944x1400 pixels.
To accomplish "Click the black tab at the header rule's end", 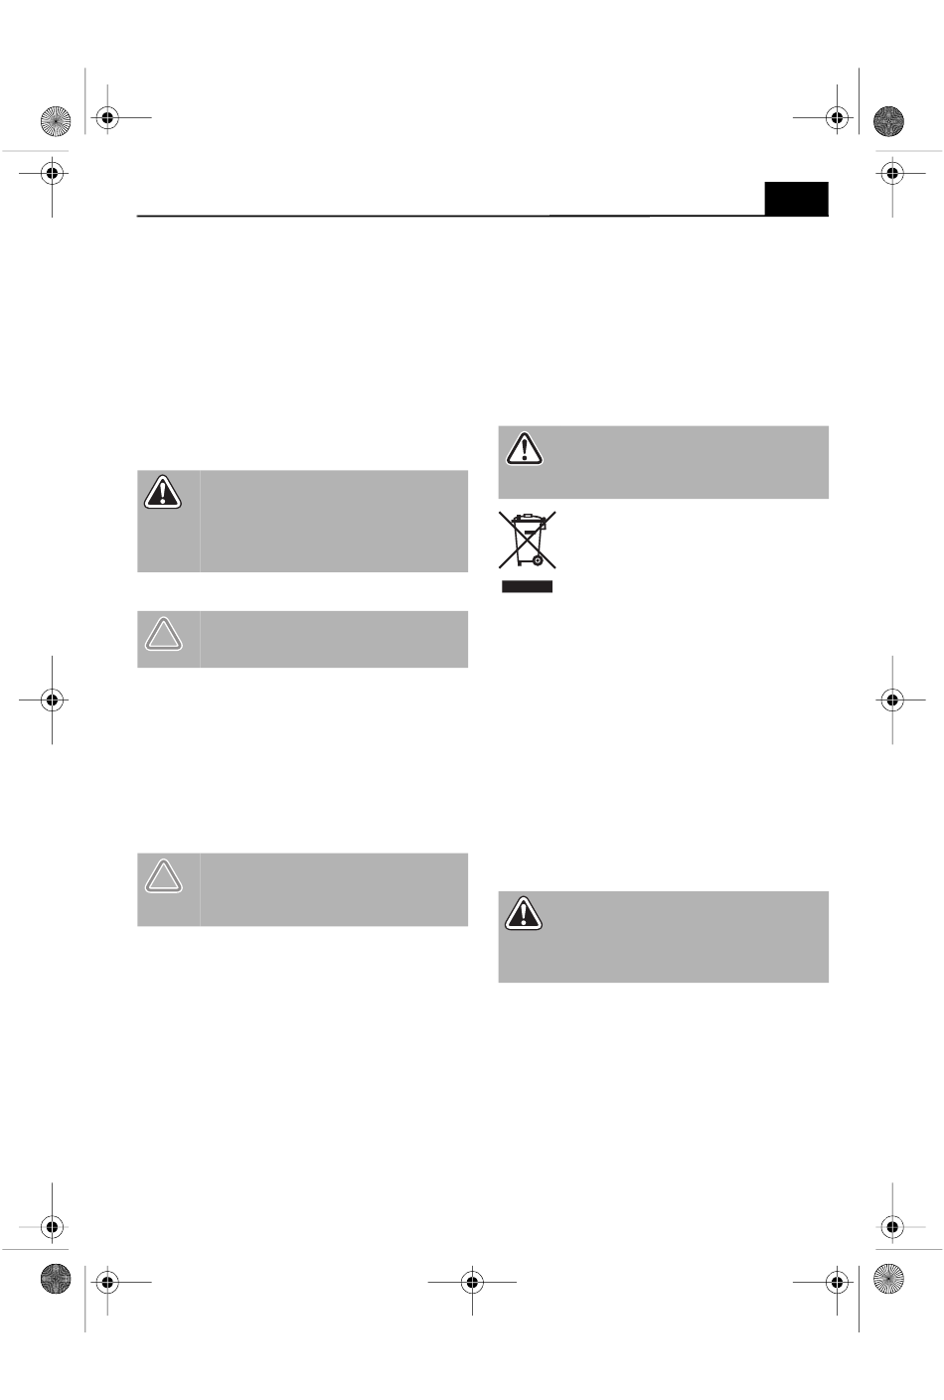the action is click(796, 199).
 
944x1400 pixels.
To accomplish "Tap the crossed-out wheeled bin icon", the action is click(527, 540).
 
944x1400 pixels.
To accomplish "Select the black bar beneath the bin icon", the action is click(527, 587).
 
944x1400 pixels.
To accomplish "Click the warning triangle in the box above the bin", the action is click(525, 449).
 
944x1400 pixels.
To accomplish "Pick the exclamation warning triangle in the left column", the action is click(163, 492).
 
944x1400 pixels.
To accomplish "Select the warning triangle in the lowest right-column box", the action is click(525, 913).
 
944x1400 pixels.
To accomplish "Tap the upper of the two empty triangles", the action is click(164, 634).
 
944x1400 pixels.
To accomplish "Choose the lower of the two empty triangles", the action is click(164, 875).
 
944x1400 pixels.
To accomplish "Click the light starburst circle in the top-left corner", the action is click(56, 120).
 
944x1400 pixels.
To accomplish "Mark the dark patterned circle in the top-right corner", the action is click(888, 120).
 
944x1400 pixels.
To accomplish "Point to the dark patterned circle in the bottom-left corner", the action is click(56, 1279).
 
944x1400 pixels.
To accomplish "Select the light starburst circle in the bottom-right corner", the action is click(888, 1279).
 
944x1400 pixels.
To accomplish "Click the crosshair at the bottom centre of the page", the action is click(472, 1282).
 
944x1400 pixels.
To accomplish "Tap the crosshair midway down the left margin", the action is click(53, 700).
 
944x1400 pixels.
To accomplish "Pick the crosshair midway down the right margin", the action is click(892, 700).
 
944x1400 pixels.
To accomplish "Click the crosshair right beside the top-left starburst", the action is click(106, 118).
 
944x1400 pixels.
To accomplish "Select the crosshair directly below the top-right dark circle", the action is click(892, 173).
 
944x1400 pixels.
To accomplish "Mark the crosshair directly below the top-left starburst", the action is click(53, 173).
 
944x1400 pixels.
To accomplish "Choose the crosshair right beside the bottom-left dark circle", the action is click(106, 1282).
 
